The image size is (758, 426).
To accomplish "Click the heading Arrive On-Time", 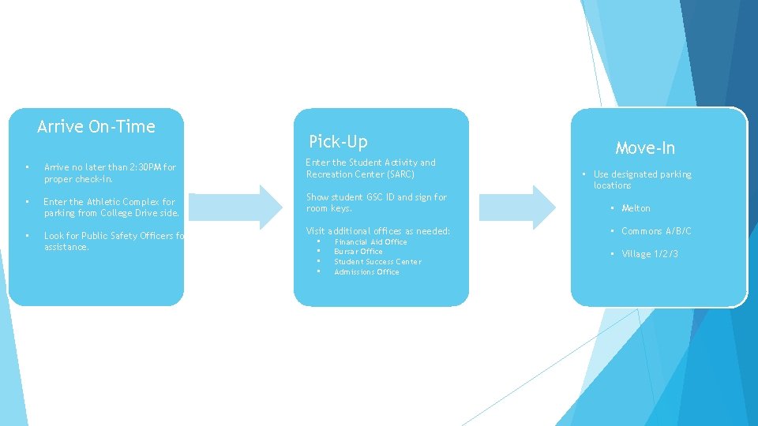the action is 96,126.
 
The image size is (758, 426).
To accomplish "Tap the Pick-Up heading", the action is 339,141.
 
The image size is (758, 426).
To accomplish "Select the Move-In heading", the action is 645,148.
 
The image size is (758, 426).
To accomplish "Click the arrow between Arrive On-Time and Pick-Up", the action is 235,207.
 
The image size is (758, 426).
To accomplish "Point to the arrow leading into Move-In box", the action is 517,207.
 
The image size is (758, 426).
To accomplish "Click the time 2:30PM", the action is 145,167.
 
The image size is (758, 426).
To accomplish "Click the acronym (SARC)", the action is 401,174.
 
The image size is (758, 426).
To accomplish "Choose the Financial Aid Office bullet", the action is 371,242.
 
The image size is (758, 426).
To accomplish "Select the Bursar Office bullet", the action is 358,252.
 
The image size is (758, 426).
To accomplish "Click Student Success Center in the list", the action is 377,262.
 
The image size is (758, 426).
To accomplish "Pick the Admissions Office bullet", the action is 366,272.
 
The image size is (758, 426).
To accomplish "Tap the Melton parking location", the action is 636,208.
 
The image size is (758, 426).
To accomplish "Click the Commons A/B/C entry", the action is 656,231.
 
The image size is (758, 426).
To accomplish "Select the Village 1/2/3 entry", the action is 650,254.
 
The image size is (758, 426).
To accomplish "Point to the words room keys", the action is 328,208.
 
